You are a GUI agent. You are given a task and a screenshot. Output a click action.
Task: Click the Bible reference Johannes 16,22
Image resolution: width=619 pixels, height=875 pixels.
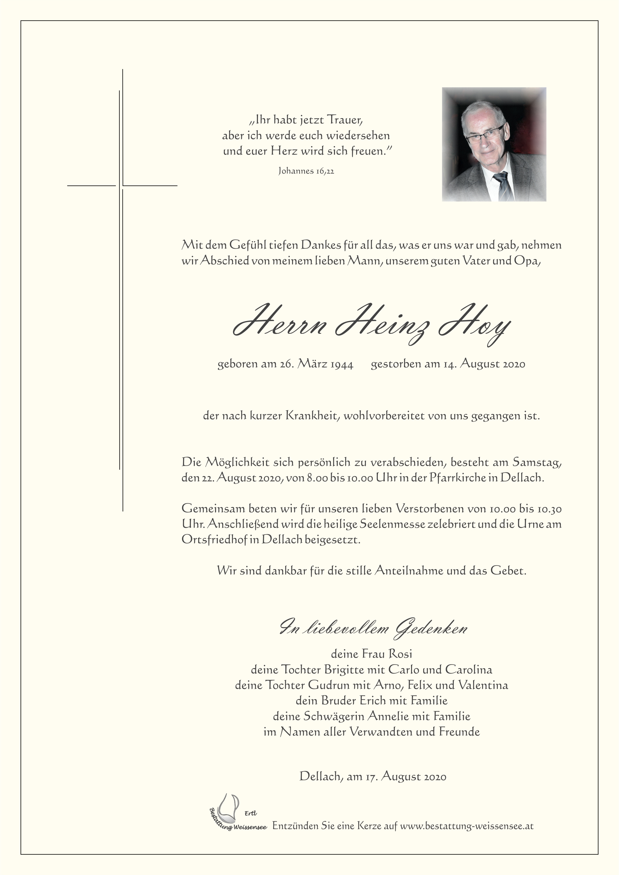pos(306,171)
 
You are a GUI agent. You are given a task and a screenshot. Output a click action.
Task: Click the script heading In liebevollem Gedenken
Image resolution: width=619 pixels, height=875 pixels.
pos(374,628)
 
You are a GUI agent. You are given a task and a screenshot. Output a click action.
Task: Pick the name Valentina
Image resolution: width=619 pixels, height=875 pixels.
pos(483,685)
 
